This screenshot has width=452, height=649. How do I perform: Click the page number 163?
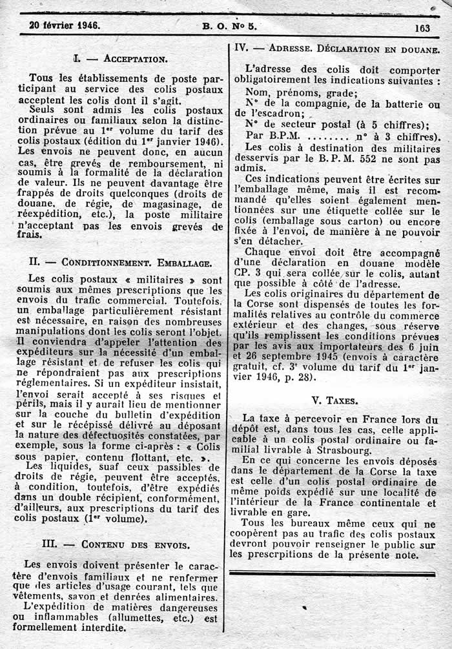pyautogui.click(x=423, y=28)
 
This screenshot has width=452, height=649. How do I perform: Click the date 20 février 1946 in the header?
pyautogui.click(x=63, y=26)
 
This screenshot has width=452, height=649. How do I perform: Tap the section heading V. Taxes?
pyautogui.click(x=334, y=400)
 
